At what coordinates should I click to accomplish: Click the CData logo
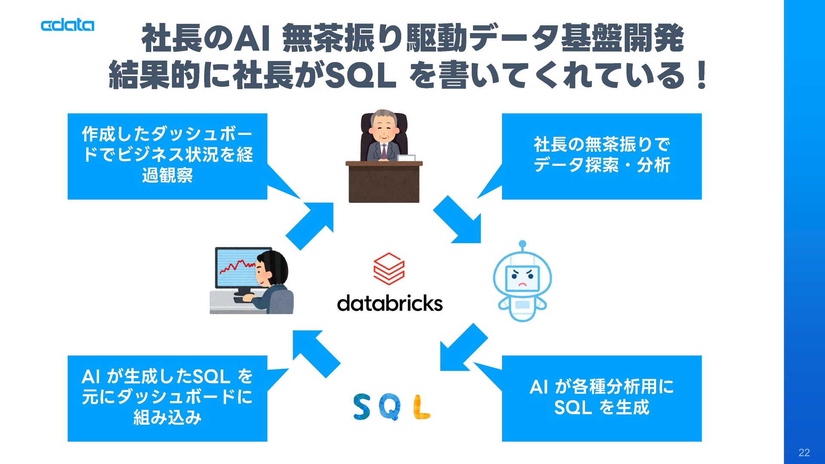tap(67, 25)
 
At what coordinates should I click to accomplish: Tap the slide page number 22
tap(804, 452)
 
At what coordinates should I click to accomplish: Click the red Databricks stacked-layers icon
tap(389, 269)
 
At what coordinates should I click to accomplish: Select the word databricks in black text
tap(390, 303)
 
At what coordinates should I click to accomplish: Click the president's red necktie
tap(384, 150)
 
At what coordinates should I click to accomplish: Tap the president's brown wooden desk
tap(384, 182)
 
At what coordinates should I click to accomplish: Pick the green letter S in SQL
tap(362, 407)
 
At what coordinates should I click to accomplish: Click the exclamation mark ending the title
tap(702, 75)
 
